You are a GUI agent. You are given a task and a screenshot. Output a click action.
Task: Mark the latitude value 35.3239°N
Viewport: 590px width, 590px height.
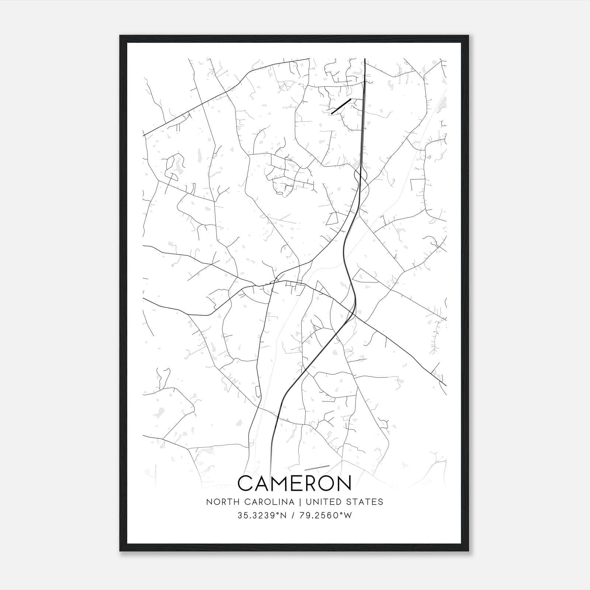click(262, 516)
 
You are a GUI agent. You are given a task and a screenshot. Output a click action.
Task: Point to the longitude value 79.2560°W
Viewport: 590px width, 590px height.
click(326, 516)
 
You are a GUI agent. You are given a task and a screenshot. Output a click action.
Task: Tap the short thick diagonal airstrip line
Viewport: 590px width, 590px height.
click(341, 106)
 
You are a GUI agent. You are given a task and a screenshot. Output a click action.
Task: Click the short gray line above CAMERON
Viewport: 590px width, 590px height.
click(317, 467)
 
